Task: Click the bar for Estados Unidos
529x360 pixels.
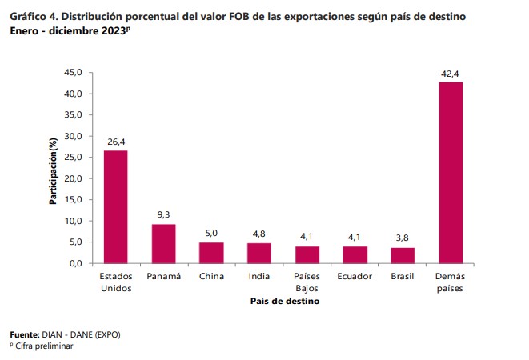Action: (115, 206)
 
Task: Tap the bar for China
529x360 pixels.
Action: (211, 252)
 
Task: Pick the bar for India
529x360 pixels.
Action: (259, 253)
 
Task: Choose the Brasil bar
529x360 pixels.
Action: (403, 255)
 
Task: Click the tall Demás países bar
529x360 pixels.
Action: (451, 173)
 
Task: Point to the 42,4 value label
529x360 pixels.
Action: (450, 74)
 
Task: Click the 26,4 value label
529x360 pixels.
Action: (116, 142)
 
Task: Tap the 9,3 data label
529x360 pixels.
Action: (163, 214)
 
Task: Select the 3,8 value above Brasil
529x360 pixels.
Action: (403, 238)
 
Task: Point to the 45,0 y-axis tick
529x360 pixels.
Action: (74, 73)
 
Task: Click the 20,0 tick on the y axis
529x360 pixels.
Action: (74, 178)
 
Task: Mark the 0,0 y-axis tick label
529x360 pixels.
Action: (76, 263)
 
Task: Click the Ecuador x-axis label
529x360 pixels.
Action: (355, 276)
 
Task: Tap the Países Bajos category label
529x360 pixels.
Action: (307, 282)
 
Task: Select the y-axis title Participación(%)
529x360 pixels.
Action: (54, 170)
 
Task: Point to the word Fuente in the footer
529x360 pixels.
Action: (23, 334)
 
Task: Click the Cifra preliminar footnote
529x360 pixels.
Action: (43, 346)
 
